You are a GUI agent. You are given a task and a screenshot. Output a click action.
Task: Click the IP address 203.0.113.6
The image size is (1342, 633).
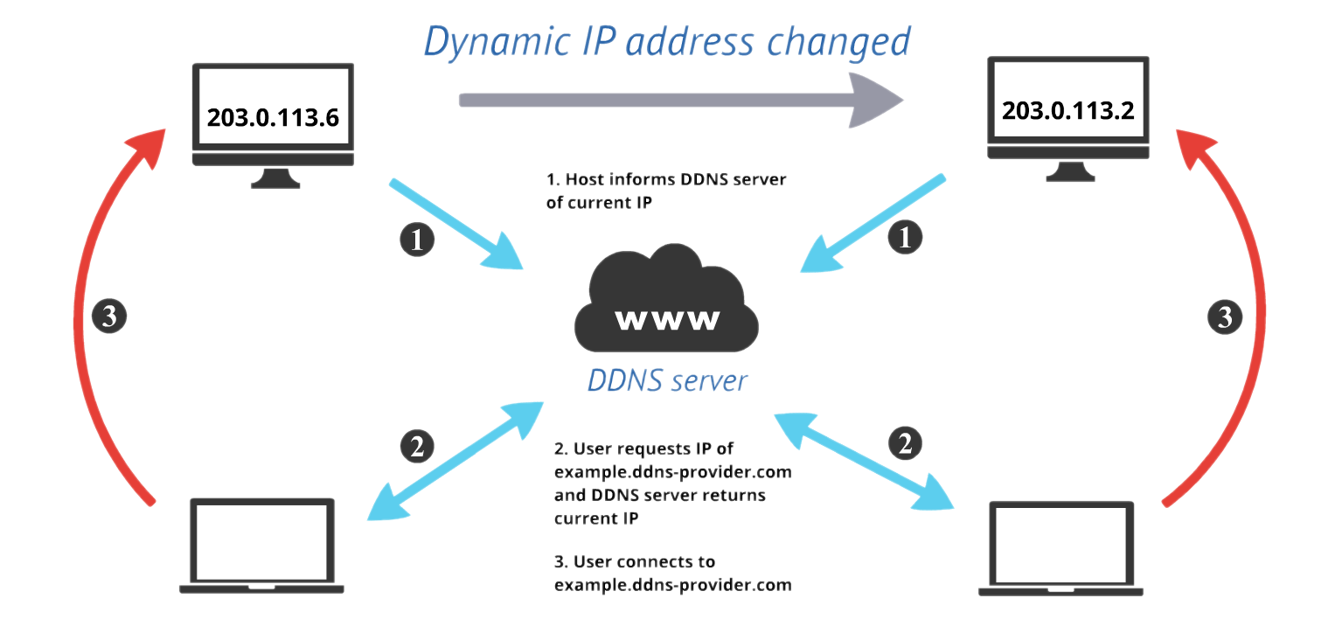(273, 118)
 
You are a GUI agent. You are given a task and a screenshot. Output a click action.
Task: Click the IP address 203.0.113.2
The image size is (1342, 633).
(1067, 110)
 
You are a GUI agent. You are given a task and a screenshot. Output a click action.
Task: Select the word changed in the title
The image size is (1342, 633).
(839, 42)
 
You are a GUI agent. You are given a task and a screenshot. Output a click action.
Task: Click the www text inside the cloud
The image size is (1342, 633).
(667, 319)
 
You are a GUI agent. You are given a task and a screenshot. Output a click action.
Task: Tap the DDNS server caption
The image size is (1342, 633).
(667, 380)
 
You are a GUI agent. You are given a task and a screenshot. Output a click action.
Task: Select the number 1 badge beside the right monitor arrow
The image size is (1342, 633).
(905, 237)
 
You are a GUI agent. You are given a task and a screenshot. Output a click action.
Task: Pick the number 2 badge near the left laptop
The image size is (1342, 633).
(417, 446)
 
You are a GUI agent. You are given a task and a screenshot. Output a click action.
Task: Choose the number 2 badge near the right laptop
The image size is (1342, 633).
(905, 443)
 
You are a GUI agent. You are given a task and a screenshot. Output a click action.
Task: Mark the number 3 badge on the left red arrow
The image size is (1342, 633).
(109, 316)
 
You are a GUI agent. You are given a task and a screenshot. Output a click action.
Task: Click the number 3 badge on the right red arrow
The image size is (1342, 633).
(1224, 316)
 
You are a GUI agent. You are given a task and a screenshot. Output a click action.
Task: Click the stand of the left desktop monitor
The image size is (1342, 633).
(273, 177)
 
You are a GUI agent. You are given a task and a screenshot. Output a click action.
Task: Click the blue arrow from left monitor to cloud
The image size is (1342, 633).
(455, 224)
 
